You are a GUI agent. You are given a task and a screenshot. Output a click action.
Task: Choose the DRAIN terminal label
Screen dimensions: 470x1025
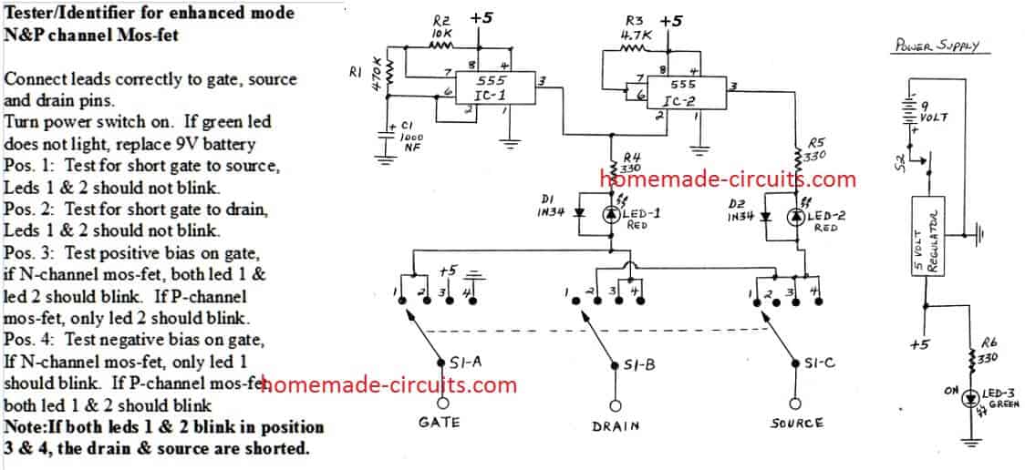coord(615,425)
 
